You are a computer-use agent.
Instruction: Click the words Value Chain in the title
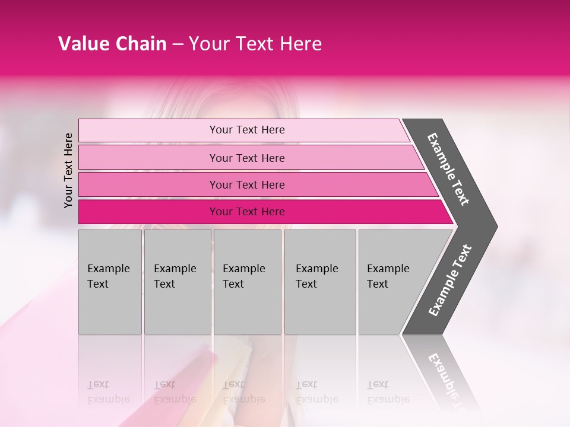click(x=112, y=44)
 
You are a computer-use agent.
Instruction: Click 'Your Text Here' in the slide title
click(x=255, y=44)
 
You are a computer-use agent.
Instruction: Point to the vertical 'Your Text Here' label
click(x=68, y=170)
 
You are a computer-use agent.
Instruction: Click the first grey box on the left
click(x=110, y=282)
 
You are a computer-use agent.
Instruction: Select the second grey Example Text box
click(x=177, y=282)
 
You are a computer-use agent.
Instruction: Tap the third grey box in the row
click(x=247, y=282)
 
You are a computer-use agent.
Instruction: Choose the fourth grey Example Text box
click(x=320, y=282)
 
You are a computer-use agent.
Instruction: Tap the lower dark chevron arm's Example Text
click(x=450, y=280)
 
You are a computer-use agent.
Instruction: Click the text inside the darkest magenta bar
click(x=247, y=212)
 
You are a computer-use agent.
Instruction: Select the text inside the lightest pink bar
click(x=247, y=130)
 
